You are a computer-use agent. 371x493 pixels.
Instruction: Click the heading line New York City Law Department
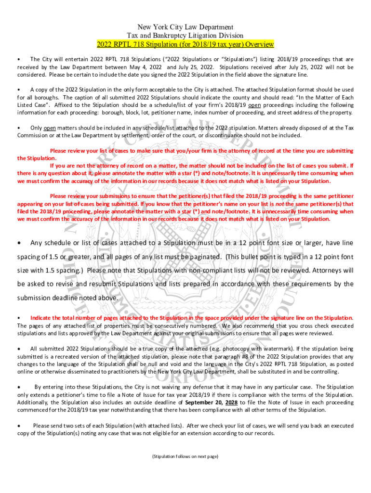pos(185,27)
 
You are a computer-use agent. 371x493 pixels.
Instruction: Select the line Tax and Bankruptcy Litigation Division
pos(185,36)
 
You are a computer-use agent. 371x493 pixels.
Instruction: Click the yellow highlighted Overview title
pos(185,44)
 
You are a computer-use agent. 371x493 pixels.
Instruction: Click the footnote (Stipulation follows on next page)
pos(185,456)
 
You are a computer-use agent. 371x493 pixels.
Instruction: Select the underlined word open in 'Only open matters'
pos(49,128)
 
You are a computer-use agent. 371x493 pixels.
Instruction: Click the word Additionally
pos(35,402)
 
